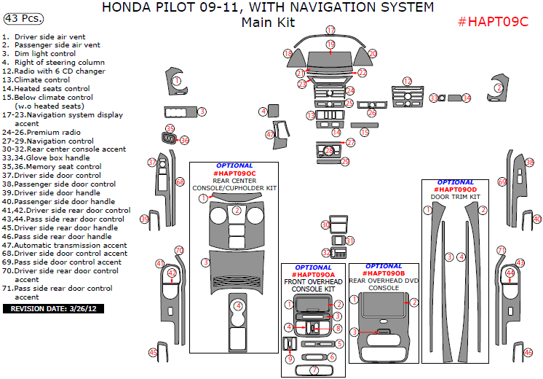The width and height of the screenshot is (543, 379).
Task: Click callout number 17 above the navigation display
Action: [330, 31]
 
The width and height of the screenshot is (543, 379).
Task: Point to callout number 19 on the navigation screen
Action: [330, 45]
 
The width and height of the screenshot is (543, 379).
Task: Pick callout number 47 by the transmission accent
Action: [270, 134]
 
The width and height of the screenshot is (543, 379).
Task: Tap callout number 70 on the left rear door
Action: [179, 251]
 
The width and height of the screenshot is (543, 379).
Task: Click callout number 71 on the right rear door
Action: [501, 251]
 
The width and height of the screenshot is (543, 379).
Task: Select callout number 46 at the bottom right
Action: [528, 353]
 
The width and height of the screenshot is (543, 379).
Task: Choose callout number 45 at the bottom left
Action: [153, 353]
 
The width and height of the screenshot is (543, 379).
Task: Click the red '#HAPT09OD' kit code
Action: [456, 189]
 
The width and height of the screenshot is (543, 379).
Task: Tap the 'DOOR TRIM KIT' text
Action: [456, 197]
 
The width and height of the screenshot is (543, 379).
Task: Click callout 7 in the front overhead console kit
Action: [314, 370]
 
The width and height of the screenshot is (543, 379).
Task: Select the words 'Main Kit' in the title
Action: [268, 23]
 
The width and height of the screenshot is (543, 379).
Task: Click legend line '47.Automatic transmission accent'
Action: [64, 245]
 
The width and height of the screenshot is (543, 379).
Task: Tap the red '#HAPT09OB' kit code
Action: [383, 273]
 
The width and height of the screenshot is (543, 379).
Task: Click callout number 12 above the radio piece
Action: [408, 82]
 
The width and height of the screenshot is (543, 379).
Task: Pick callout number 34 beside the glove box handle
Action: [467, 98]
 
